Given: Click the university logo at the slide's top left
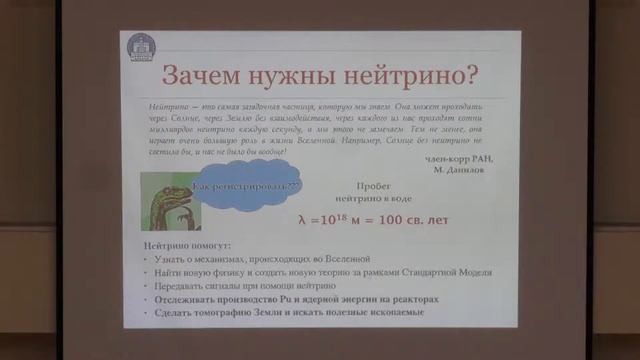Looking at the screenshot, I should pyautogui.click(x=138, y=46).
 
